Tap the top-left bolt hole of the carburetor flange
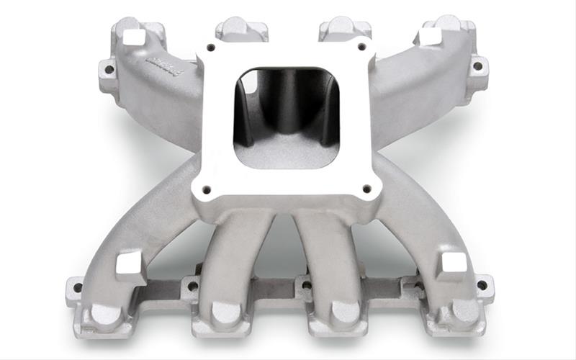coord(211,49)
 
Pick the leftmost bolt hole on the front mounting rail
coord(78,287)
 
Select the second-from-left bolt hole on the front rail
coord(192,286)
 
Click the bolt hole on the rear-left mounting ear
coord(109,70)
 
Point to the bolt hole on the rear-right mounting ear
coord(476,66)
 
